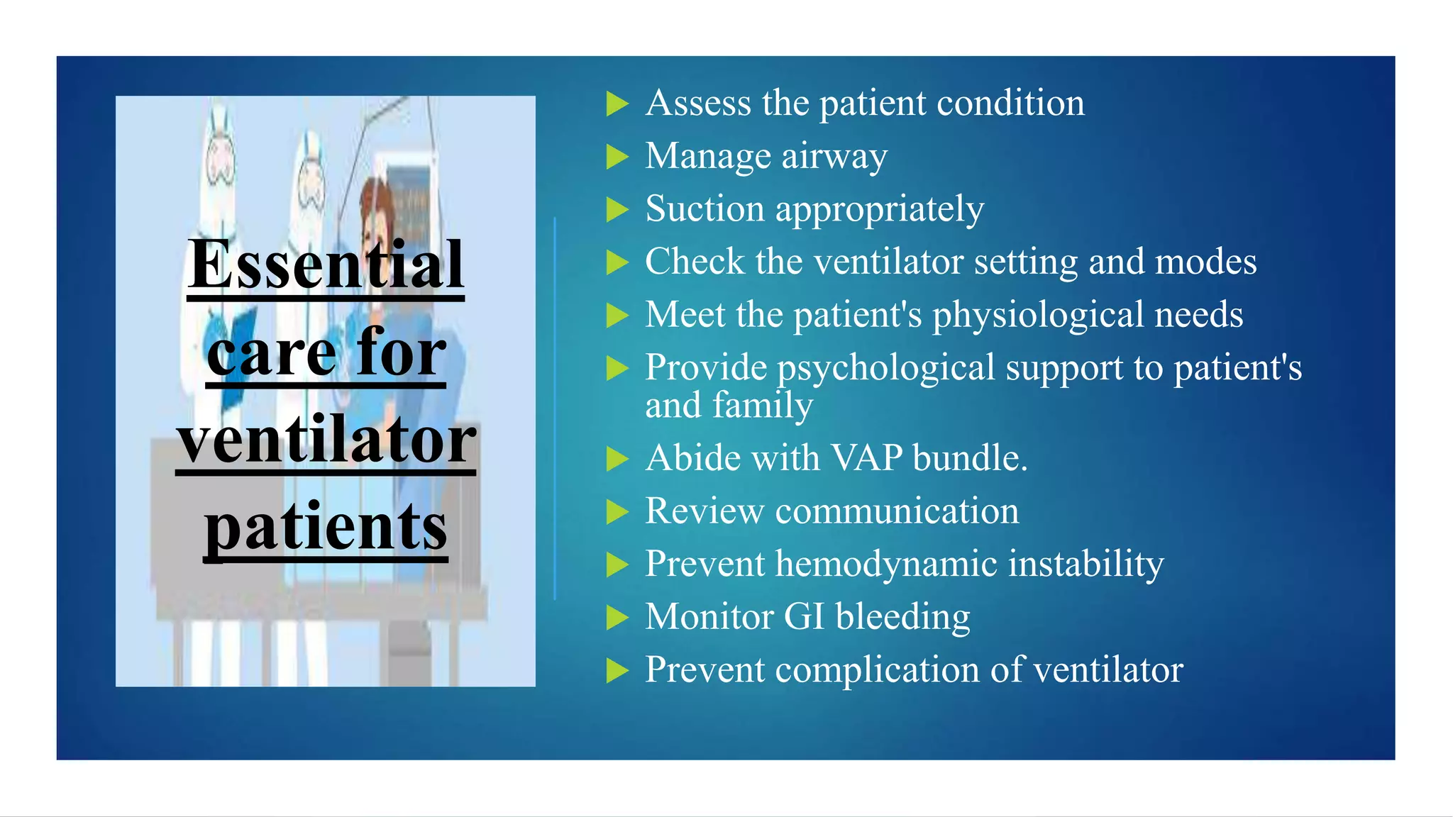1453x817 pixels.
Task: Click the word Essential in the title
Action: (326, 265)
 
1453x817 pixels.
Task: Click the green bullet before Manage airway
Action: (617, 157)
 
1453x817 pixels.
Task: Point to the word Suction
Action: (705, 209)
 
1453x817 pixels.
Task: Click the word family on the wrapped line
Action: (763, 406)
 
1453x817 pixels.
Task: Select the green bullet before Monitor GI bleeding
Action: (617, 618)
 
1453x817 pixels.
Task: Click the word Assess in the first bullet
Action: (698, 104)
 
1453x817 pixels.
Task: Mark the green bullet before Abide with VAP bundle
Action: (617, 459)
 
